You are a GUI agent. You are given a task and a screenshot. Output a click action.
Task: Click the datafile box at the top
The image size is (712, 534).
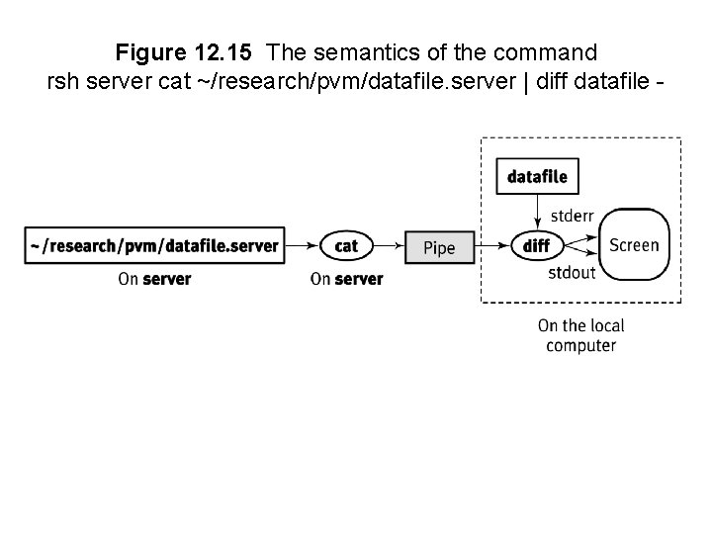[537, 177]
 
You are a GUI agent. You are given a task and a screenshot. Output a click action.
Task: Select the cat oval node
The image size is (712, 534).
[346, 245]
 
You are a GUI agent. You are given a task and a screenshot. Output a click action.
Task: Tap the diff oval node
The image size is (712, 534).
[537, 245]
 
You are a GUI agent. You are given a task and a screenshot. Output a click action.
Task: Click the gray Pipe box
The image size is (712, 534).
[440, 246]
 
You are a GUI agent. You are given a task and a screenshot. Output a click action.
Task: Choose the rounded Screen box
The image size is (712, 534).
[634, 244]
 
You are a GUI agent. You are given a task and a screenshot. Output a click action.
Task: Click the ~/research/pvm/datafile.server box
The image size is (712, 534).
[154, 245]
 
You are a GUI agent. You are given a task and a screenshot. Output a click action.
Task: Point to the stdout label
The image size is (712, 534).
[572, 272]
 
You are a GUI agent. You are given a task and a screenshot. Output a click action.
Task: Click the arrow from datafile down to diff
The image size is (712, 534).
[537, 211]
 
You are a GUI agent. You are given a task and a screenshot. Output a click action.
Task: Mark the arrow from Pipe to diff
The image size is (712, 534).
[492, 245]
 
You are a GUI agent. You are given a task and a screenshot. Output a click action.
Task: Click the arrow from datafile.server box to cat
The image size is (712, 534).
[302, 245]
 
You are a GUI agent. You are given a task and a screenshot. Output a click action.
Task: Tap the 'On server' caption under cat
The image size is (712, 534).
[346, 279]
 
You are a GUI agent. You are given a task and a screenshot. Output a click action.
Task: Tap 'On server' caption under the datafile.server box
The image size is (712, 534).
[154, 279]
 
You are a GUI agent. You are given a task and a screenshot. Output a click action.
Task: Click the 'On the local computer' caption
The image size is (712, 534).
[580, 335]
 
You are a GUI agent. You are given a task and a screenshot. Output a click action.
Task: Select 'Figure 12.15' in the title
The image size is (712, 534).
[187, 50]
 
